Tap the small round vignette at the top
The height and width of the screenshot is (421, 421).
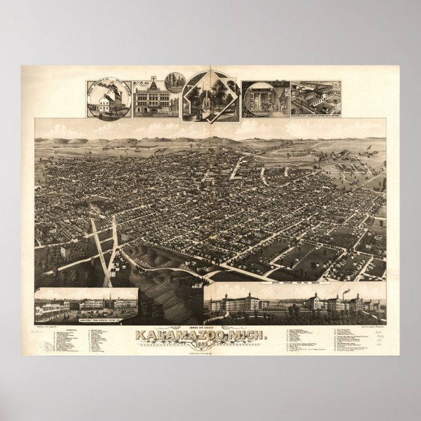coord(175,82)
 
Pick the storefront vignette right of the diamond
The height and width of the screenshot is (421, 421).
coord(265,99)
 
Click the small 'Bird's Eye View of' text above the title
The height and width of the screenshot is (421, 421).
coord(210,328)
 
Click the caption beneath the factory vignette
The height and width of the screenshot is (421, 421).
coord(316,116)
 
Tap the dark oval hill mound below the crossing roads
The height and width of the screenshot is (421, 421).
coord(147,256)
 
